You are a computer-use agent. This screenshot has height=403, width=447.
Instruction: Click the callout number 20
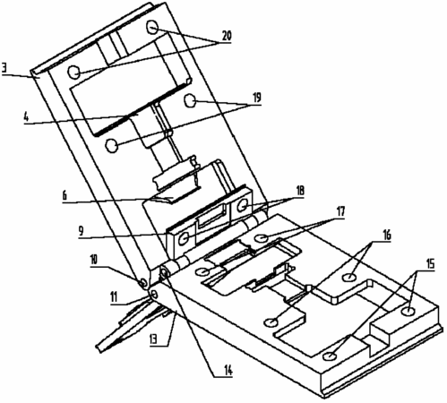tap(227, 36)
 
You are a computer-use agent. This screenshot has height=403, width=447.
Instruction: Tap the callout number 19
tap(256, 98)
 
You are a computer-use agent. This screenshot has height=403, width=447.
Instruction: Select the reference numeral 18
tap(299, 190)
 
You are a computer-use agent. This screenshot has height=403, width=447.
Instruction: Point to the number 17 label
tap(340, 211)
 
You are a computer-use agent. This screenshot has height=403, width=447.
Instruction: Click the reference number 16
tap(386, 236)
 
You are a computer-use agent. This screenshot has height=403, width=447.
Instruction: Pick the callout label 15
tap(430, 264)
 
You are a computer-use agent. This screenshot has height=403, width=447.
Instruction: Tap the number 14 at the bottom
tap(228, 371)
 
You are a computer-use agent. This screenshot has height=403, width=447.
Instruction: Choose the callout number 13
tap(154, 339)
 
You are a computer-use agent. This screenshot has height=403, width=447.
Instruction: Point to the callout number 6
tap(64, 196)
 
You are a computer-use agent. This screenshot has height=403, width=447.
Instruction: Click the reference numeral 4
tap(27, 117)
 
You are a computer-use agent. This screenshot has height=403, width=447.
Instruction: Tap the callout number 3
tap(4, 68)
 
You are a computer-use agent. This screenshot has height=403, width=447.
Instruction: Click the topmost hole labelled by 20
tap(152, 28)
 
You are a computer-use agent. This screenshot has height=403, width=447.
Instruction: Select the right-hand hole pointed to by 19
tap(190, 100)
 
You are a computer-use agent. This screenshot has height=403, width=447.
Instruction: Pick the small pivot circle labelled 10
tap(143, 282)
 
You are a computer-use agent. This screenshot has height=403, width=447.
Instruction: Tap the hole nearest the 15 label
tap(408, 312)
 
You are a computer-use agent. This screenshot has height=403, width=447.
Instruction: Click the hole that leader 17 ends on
tap(262, 238)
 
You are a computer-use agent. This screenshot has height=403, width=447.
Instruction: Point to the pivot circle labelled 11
tap(154, 295)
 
